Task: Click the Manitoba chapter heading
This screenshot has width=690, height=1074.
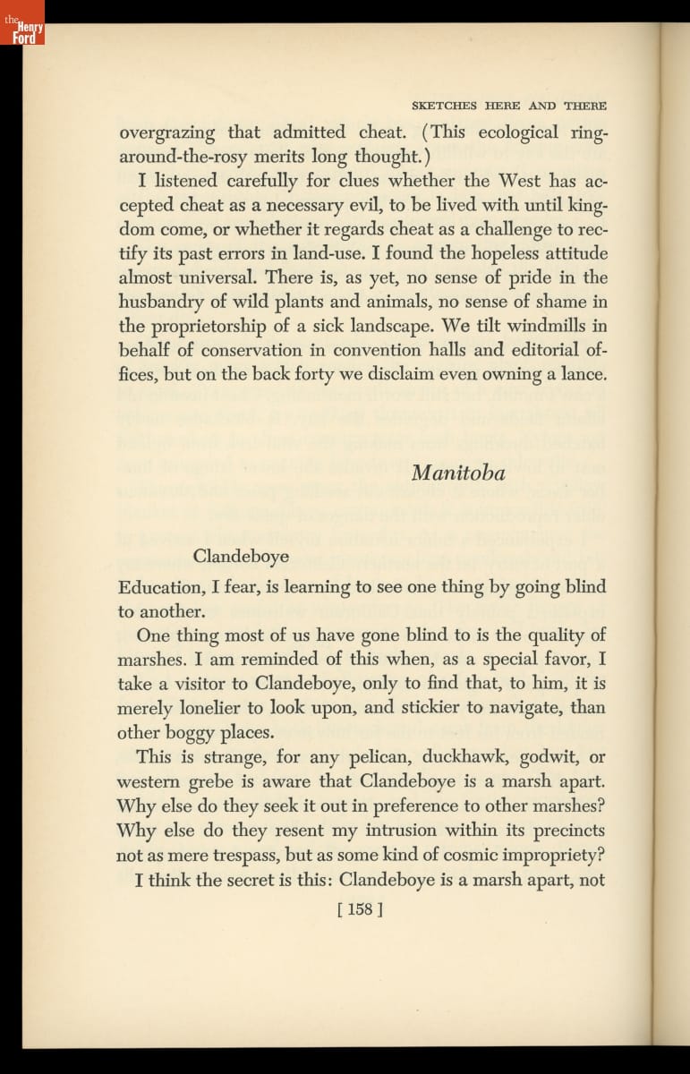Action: (458, 473)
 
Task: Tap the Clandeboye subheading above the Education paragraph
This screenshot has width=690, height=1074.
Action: (241, 557)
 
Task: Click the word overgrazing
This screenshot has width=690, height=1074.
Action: (167, 133)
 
